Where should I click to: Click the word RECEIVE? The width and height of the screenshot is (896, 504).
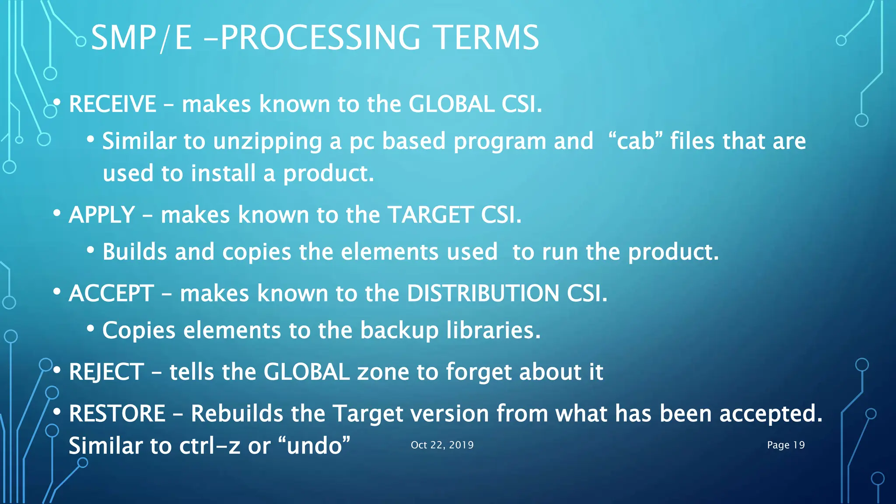[112, 104]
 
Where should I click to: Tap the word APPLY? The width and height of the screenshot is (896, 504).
[101, 215]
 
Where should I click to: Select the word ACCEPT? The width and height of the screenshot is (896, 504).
[111, 293]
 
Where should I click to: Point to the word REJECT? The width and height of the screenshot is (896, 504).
[106, 372]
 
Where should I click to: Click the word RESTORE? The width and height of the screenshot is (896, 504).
[117, 413]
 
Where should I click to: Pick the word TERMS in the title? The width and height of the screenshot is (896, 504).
[487, 38]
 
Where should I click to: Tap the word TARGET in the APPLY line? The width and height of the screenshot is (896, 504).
[430, 215]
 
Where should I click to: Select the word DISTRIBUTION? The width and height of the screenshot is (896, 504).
[483, 293]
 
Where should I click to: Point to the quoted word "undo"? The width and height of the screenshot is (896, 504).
[314, 446]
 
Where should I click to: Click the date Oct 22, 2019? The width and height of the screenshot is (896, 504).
[442, 445]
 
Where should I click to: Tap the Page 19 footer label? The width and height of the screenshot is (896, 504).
[786, 445]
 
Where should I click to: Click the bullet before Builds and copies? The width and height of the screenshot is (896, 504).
[91, 251]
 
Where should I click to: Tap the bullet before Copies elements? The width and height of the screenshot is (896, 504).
[91, 329]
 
